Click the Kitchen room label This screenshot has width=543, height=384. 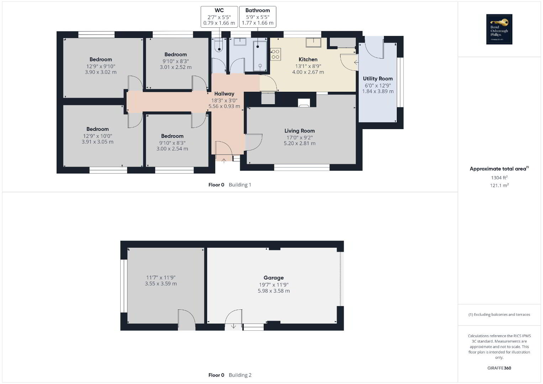click(x=308, y=59)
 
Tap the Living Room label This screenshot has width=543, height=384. click(x=300, y=131)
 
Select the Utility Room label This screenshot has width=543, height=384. click(x=378, y=79)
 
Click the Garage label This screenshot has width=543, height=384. click(x=274, y=278)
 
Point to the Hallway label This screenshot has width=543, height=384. click(x=224, y=94)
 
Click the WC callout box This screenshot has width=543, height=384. click(x=219, y=17)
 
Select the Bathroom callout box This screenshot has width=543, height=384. click(x=258, y=17)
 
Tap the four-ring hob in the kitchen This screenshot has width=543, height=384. click(x=275, y=54)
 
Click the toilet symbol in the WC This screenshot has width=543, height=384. click(x=219, y=46)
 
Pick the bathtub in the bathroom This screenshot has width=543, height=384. click(x=260, y=56)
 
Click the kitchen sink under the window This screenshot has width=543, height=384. click(x=313, y=42)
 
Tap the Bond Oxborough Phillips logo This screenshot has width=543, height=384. click(x=499, y=29)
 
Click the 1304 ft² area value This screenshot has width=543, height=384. click(x=499, y=177)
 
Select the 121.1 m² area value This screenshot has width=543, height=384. click(x=499, y=185)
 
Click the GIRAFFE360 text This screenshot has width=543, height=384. click(x=499, y=368)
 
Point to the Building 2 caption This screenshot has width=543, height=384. click(x=240, y=375)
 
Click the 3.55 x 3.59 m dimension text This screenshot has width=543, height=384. click(x=161, y=284)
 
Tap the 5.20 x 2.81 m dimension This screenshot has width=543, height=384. click(x=300, y=143)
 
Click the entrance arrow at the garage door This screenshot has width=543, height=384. click(x=233, y=326)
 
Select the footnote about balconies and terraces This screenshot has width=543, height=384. click(x=499, y=314)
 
